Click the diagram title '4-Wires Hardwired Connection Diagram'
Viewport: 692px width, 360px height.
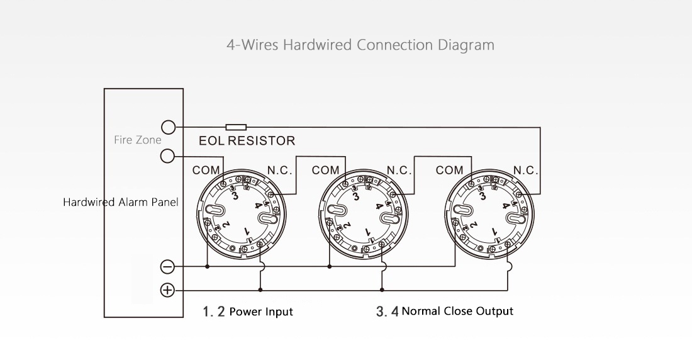point(360,45)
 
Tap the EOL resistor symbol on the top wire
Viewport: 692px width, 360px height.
point(236,127)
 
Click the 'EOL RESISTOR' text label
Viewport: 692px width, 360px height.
point(247,140)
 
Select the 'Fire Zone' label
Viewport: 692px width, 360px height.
point(137,140)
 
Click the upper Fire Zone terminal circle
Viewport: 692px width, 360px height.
point(168,127)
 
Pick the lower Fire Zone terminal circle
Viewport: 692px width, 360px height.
point(168,155)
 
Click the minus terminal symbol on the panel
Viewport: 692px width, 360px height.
point(168,266)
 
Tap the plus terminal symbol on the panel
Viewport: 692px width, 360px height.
point(168,290)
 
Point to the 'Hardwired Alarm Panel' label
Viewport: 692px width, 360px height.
point(121,203)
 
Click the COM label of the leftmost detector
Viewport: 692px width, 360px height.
point(206,171)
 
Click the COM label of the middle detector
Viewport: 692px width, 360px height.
point(325,171)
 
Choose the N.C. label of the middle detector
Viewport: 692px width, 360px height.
point(399,171)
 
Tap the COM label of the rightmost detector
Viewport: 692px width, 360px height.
point(449,171)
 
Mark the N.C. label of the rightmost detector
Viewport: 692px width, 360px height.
point(525,171)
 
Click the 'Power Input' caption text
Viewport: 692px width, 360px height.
point(260,312)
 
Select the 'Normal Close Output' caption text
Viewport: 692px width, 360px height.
point(457,311)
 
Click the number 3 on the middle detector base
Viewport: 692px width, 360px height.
point(357,196)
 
